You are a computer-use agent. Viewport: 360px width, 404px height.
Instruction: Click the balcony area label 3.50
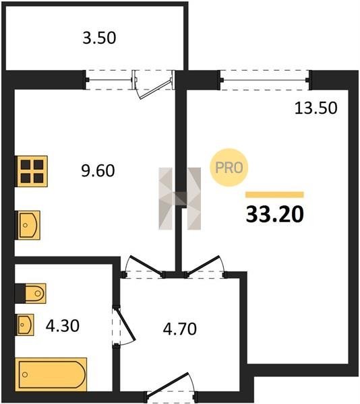point(99,38)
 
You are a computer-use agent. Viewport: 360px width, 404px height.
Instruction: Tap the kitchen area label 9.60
point(98,170)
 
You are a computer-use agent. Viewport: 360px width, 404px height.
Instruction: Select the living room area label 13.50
point(316,108)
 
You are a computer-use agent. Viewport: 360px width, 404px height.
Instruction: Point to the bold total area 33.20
point(275,215)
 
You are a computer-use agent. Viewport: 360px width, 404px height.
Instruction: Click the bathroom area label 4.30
point(63,326)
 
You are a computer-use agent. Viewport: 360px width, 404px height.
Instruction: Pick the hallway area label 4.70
point(180,329)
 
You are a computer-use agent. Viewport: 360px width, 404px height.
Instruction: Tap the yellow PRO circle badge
point(229,168)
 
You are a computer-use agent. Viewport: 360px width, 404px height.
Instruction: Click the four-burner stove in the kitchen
point(32,171)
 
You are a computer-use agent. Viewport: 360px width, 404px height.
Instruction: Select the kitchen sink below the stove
point(28,225)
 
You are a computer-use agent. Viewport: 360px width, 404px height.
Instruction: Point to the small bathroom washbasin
point(25,325)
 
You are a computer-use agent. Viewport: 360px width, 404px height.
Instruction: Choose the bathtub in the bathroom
point(51,374)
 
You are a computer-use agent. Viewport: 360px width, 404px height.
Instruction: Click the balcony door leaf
point(155,90)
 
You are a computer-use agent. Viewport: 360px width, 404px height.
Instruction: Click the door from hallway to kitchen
point(146,265)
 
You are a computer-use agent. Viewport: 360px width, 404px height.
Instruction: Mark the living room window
point(265,80)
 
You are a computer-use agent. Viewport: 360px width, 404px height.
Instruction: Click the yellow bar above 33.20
point(274,195)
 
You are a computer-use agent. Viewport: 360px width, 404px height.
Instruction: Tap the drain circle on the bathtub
point(25,374)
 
